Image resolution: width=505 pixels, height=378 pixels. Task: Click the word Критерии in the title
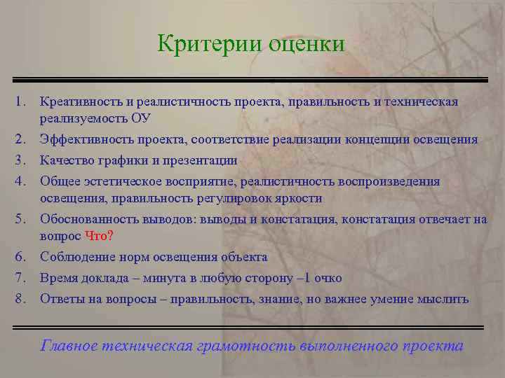click(208, 43)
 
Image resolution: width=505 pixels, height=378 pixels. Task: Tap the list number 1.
click(19, 103)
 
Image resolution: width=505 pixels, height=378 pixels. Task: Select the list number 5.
click(19, 219)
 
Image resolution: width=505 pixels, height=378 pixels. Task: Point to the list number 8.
click(19, 299)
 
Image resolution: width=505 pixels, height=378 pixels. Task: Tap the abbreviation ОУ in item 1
click(141, 118)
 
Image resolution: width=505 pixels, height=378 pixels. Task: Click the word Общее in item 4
click(58, 181)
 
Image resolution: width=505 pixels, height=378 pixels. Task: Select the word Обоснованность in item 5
click(88, 219)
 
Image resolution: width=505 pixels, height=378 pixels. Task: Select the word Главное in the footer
click(69, 345)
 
